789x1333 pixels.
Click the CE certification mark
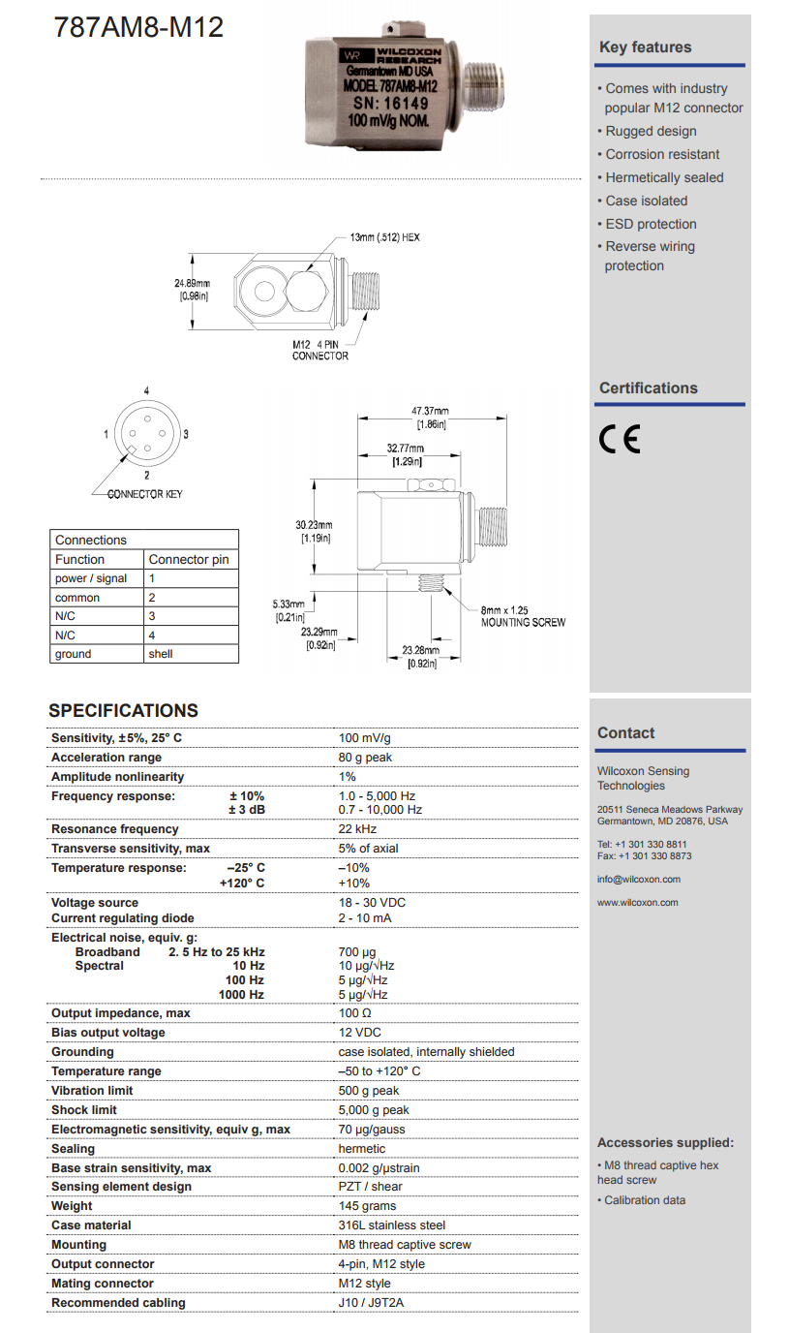tap(620, 440)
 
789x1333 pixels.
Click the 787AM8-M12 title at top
tap(139, 27)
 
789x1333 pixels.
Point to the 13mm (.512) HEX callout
tap(385, 236)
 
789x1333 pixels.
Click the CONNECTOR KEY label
tap(144, 494)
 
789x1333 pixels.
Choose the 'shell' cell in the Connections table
tap(161, 654)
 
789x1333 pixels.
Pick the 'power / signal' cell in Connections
tap(91, 578)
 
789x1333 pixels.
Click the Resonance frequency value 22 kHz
tap(357, 829)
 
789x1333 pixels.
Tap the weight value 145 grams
tap(367, 1206)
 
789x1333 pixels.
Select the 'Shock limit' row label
tap(85, 1110)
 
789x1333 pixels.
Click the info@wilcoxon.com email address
tap(638, 880)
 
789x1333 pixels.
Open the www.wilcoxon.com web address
tap(637, 903)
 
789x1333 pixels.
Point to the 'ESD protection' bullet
tap(651, 224)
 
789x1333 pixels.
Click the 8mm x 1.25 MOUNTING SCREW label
tap(523, 616)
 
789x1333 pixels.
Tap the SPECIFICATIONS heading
tap(123, 711)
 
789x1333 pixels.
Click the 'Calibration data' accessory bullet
tap(644, 1200)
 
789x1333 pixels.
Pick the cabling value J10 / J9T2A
tap(371, 1303)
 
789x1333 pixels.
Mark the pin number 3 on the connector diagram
tap(185, 434)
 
